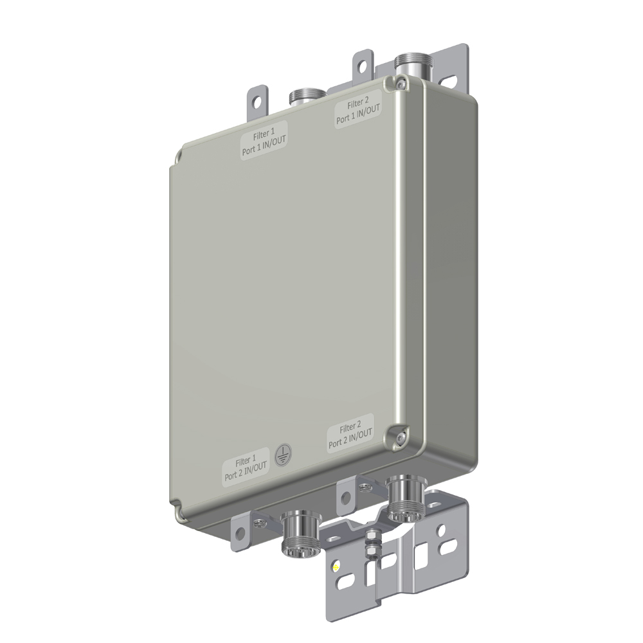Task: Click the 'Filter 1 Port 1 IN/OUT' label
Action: point(263,141)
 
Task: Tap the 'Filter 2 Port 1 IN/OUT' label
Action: point(358,110)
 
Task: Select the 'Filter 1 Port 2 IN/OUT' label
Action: point(246,467)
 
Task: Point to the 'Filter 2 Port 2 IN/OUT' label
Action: point(350,433)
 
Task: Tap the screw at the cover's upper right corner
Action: point(400,83)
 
